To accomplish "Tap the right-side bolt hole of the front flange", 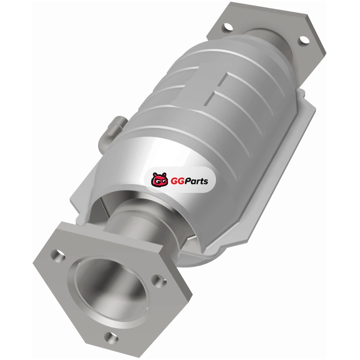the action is pyautogui.click(x=159, y=280).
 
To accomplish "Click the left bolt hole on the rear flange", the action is pyautogui.click(x=227, y=27).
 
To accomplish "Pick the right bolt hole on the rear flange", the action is pyautogui.click(x=303, y=40).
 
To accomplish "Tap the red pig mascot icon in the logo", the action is pyautogui.click(x=159, y=179).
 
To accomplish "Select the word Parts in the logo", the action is pyautogui.click(x=196, y=181).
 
